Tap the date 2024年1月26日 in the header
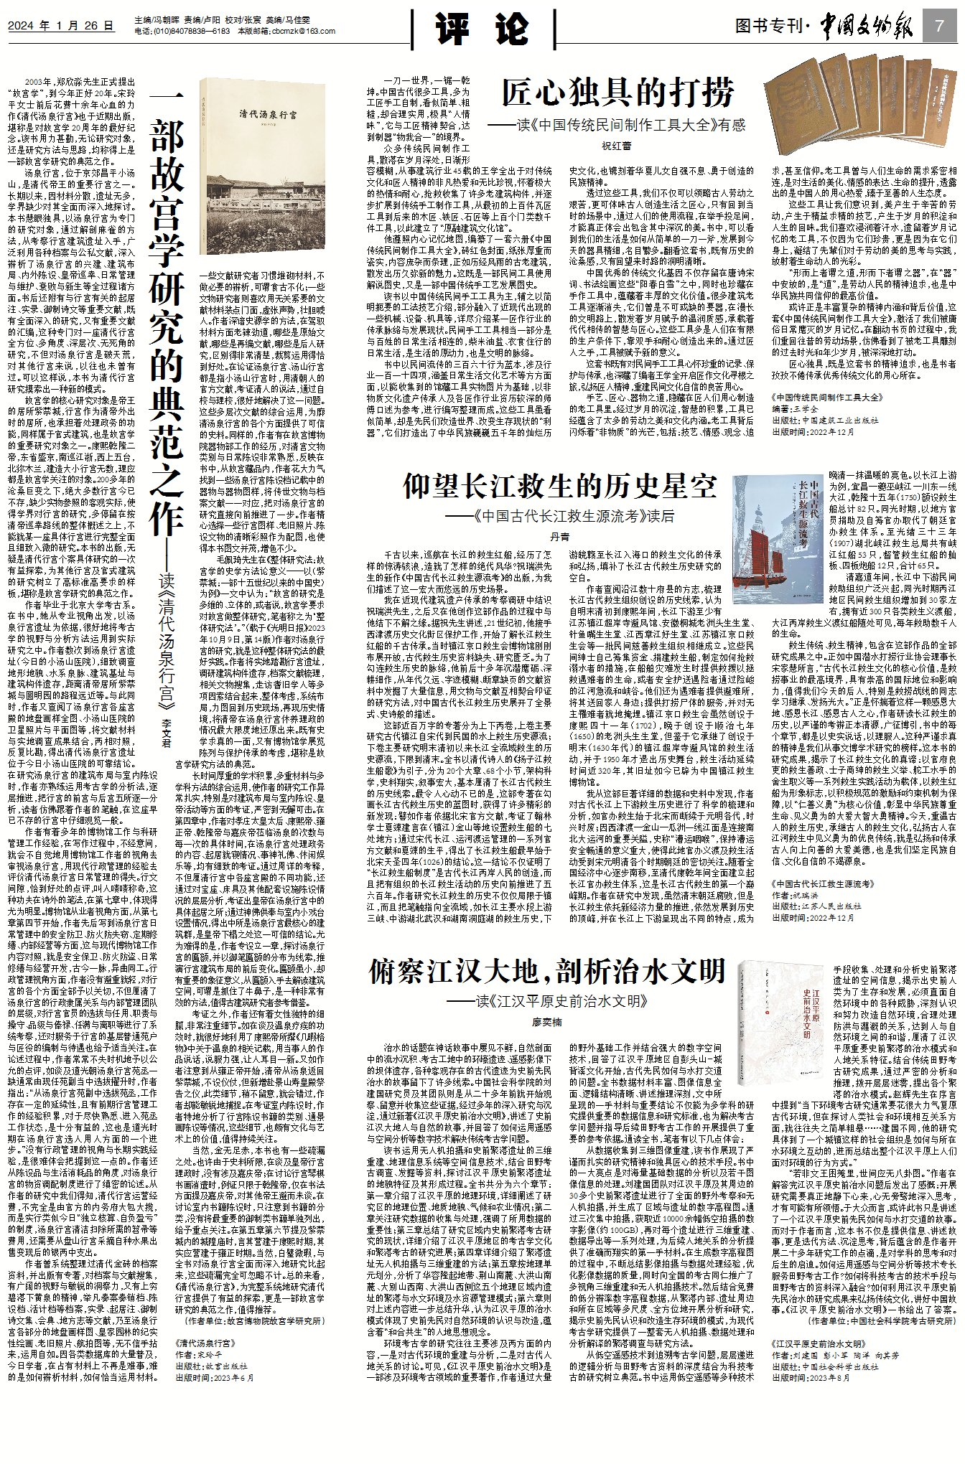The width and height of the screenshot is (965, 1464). pyautogui.click(x=61, y=27)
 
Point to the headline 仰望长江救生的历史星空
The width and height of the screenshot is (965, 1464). pyautogui.click(x=560, y=487)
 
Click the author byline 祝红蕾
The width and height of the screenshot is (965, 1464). pyautogui.click(x=616, y=146)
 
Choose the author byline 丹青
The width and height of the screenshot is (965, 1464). pyautogui.click(x=559, y=536)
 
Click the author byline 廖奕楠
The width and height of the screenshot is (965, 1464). pyautogui.click(x=547, y=1022)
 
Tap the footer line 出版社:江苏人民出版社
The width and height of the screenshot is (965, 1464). pyautogui.click(x=816, y=906)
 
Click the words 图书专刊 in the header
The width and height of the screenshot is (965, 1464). pyautogui.click(x=769, y=27)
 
